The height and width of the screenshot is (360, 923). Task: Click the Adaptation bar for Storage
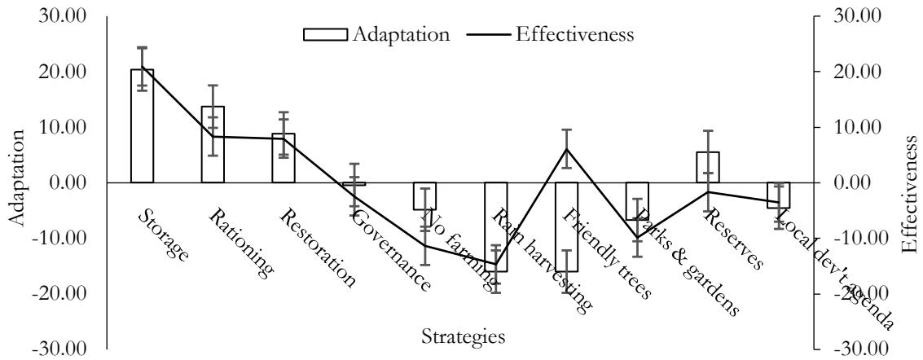[142, 126]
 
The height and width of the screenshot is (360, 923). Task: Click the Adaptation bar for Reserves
[708, 167]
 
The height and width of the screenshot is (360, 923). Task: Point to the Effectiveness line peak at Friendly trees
[567, 148]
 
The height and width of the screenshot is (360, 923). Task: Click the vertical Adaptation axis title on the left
[15, 182]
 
